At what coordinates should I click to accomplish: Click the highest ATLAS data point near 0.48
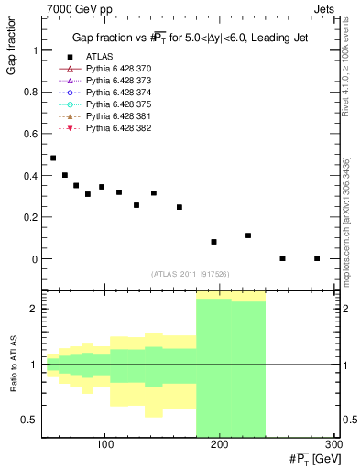pyautogui.click(x=53, y=158)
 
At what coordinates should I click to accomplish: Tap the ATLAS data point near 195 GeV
pyautogui.click(x=213, y=242)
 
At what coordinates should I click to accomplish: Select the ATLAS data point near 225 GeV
pyautogui.click(x=248, y=235)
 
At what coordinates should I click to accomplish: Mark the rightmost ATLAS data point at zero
pyautogui.click(x=317, y=258)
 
